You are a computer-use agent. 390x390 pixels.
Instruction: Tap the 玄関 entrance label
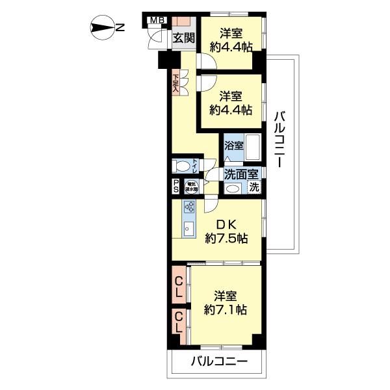click(x=183, y=38)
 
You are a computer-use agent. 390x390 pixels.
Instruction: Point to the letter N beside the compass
click(x=121, y=27)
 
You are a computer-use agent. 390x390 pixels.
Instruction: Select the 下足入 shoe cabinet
click(x=176, y=84)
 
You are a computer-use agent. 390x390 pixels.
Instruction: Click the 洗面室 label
click(x=241, y=174)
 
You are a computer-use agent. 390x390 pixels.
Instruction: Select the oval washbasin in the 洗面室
click(x=232, y=188)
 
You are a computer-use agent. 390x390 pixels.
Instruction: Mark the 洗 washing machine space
click(x=254, y=188)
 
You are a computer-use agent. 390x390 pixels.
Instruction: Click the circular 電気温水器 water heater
click(x=191, y=186)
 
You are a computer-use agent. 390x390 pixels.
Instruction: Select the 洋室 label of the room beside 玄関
click(x=230, y=32)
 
